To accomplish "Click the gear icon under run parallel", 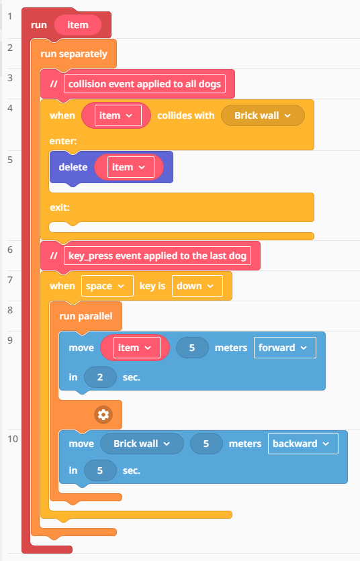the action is point(103,415).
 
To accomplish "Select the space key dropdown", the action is point(107,286).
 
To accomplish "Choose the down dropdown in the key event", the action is point(197,286).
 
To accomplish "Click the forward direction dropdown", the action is point(285,348).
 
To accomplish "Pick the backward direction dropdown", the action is point(303,444).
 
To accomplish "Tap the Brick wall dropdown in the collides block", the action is point(263,115).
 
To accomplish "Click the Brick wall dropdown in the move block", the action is point(142,444).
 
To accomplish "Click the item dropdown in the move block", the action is point(137,348).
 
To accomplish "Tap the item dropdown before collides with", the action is point(118,115).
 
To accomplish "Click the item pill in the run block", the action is point(78,25).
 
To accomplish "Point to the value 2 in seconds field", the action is point(100,377).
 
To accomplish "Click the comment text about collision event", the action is point(144,84).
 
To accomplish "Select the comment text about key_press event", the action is point(157,256).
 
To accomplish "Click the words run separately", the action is point(74,54).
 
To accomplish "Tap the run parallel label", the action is point(86,316).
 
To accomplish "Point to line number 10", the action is point(13,439).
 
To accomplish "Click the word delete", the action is point(73,167).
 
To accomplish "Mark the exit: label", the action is point(60,207).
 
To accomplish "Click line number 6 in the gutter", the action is point(10,250).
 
